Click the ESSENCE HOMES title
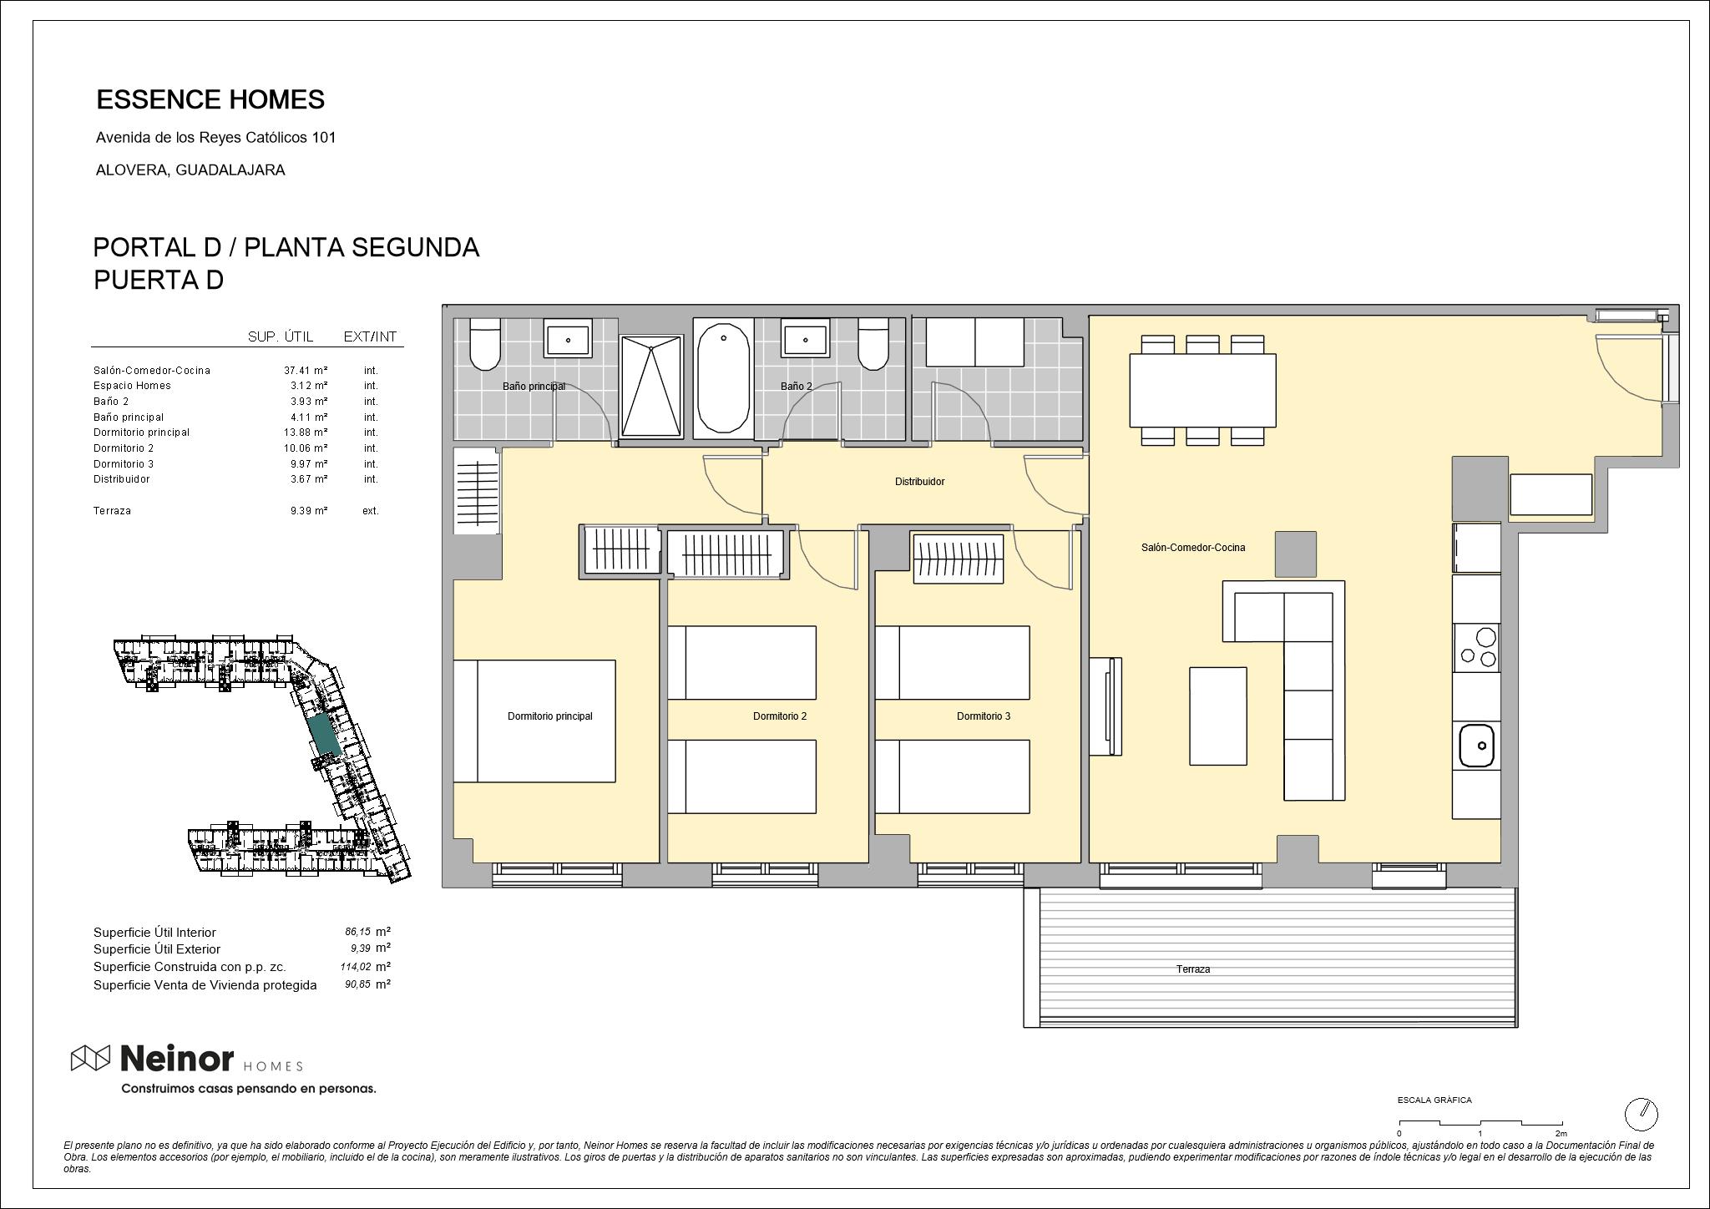pos(210,99)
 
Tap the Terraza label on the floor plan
pos(1192,969)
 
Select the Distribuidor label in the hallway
pos(919,482)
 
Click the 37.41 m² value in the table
pos(306,370)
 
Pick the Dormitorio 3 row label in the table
pos(124,463)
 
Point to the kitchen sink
pos(1476,746)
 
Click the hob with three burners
pos(1476,648)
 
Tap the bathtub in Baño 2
pos(723,378)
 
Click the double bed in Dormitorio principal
pos(534,721)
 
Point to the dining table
pos(1202,390)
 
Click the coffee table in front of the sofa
pos(1217,716)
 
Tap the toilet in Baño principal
pos(484,344)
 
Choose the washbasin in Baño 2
pos(805,339)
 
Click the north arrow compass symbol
pos(1641,1114)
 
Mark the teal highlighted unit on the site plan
pos(322,734)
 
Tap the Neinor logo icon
pos(90,1058)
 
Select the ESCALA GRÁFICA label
pos(1434,1100)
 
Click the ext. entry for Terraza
pos(370,511)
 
